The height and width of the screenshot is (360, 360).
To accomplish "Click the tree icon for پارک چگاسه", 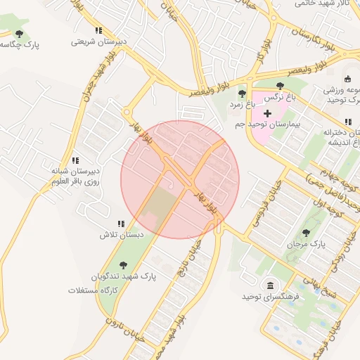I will coord(19,33).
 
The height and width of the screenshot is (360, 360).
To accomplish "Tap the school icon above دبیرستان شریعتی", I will coord(98,31).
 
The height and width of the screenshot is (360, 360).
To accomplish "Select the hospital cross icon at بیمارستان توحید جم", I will coord(267,113).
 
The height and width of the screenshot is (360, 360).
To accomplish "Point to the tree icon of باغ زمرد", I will coord(242,94).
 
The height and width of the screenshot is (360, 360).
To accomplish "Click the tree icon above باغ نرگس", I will coord(281,86).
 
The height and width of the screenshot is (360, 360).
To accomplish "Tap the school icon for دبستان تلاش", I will coord(121,224).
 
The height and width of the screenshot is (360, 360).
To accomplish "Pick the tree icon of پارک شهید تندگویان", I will coord(124,265).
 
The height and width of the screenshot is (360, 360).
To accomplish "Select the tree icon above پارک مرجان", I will coord(306,233).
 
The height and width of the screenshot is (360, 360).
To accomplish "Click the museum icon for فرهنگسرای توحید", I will coord(270,285).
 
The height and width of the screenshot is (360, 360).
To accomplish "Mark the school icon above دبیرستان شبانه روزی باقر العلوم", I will coord(75,161).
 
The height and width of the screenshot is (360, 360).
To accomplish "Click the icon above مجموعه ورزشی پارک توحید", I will coord(349,79).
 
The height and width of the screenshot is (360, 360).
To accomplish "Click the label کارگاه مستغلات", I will coord(91,290).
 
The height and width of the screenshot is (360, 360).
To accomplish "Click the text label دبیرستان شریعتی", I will coord(99,41).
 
